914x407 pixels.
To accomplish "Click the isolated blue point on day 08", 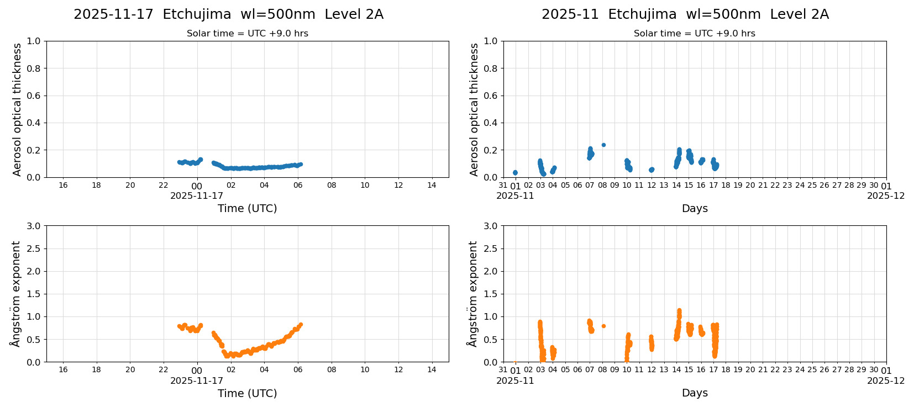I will point(603,145).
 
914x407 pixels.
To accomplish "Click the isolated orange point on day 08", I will point(603,326).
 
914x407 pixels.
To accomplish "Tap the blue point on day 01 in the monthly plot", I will point(515,173).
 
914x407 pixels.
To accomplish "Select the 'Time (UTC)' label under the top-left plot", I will point(247,208).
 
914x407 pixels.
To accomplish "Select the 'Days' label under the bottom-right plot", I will point(694,393).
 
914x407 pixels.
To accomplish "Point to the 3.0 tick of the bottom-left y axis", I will point(33,226).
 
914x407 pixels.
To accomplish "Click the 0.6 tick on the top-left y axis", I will point(33,96).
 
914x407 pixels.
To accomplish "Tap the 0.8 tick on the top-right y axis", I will point(490,68).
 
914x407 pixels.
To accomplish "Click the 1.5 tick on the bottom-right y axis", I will point(490,294).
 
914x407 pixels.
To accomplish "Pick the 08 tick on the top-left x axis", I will point(332,185).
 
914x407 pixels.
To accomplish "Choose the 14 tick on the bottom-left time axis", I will point(432,369).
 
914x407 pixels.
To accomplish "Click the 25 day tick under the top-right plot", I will point(812,185).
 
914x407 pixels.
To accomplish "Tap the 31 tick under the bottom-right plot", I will point(503,369).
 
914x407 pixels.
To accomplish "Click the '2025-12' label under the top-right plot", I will point(886,195).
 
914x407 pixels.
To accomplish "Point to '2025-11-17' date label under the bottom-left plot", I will point(197,380).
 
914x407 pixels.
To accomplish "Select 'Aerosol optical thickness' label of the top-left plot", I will point(17,109).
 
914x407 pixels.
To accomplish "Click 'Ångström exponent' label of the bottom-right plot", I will point(473,294).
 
